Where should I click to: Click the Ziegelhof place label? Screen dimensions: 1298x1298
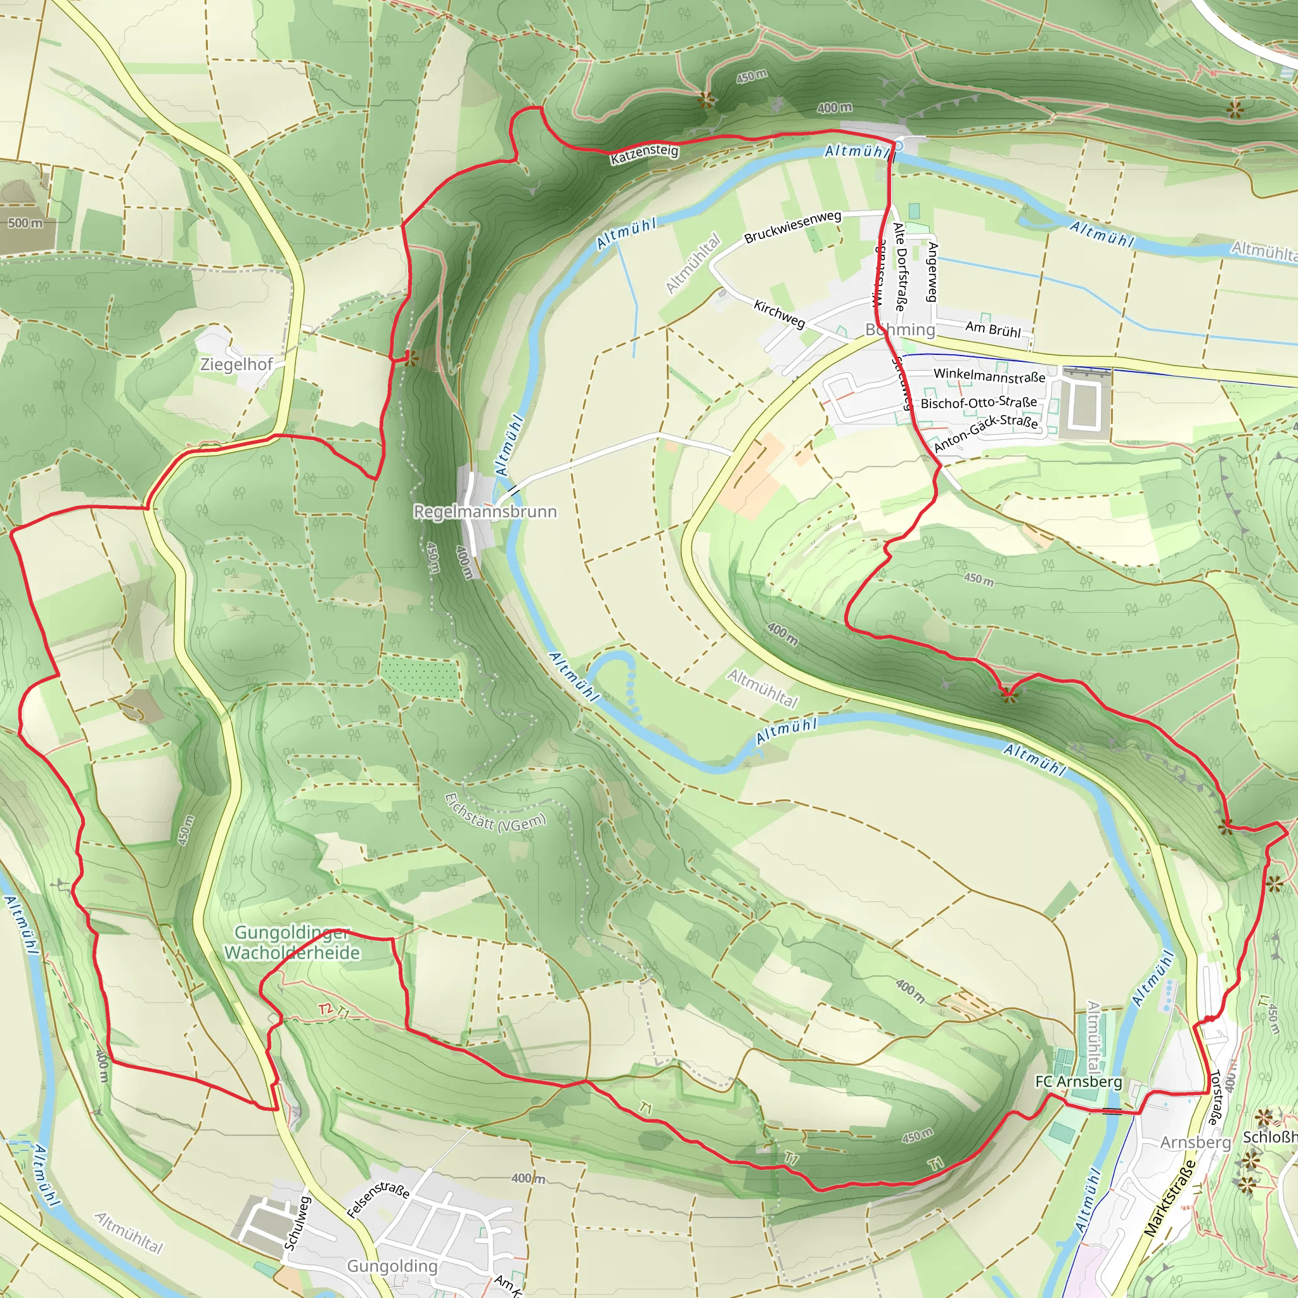236,365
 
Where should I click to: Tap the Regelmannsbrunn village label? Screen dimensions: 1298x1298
485,512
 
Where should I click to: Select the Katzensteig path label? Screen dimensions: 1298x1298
645,153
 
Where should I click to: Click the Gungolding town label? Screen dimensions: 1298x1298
392,1266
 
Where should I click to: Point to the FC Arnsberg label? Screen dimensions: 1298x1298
1078,1082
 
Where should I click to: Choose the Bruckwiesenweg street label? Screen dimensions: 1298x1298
793,227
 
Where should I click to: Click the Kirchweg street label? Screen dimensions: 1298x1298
780,314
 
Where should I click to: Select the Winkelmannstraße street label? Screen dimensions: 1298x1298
989,376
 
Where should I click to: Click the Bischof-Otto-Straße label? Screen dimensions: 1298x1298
979,402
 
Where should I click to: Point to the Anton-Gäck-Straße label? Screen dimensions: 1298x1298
986,433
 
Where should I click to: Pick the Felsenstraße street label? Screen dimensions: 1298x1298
378,1200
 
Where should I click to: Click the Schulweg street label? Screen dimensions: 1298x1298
298,1223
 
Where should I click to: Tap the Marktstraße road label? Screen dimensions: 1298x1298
1170,1198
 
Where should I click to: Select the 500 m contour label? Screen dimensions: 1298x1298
25,223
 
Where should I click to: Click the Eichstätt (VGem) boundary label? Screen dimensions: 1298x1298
495,813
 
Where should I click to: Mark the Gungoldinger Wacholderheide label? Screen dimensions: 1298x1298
292,943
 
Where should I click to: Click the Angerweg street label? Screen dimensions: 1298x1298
932,271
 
